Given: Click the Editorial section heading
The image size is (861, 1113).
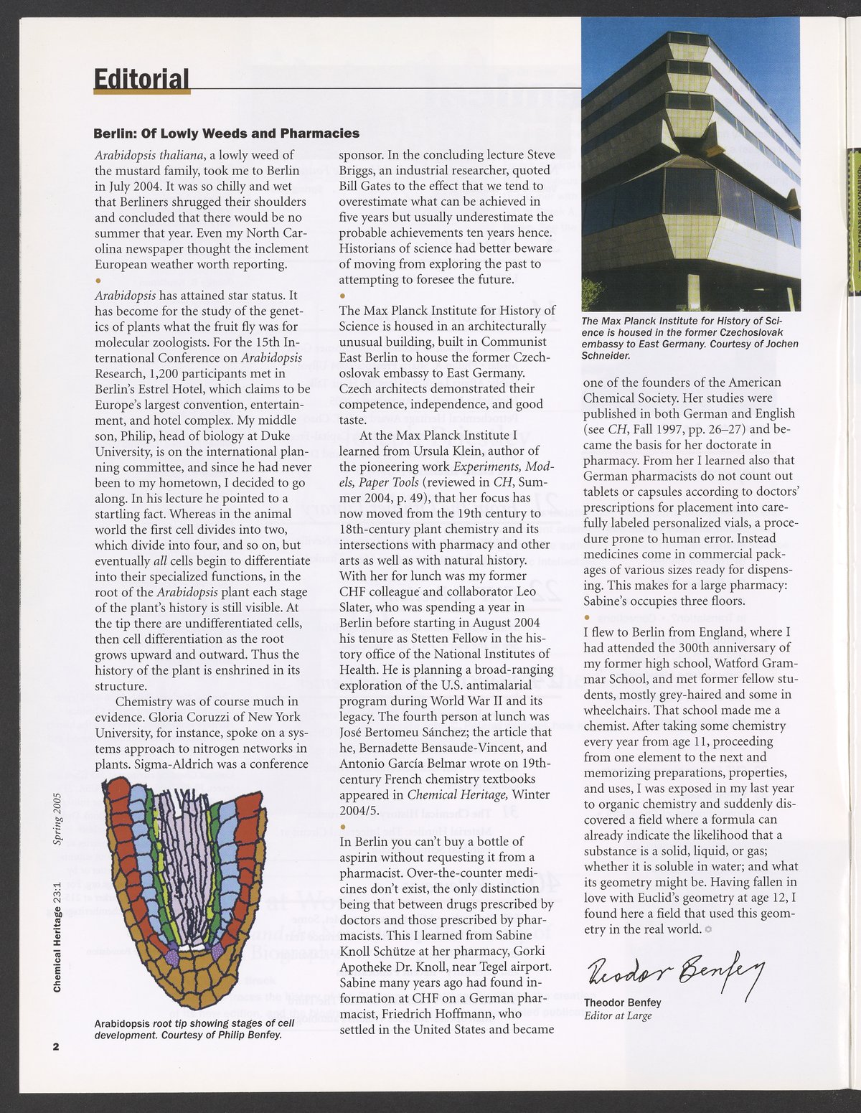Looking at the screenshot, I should (x=141, y=78).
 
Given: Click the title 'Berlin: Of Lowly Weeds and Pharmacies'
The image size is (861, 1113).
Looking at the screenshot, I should (x=227, y=133).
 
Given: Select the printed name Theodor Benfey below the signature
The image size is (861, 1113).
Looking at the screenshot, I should (x=621, y=1003).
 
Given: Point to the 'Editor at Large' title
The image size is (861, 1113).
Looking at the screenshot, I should (x=618, y=1015).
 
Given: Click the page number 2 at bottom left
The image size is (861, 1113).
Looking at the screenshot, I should (x=55, y=1046).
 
